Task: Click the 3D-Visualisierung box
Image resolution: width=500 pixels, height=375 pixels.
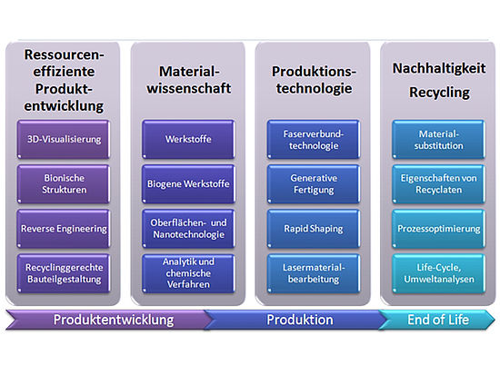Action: [x=64, y=139]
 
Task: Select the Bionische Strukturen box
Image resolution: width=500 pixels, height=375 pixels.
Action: [x=64, y=183]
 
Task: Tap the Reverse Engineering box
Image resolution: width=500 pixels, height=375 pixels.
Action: [x=64, y=229]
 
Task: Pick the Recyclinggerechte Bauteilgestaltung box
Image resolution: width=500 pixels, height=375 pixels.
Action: [x=64, y=273]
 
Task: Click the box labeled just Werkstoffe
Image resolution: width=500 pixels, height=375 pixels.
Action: [x=188, y=139]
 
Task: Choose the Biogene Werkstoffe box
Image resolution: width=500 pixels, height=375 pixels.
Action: [x=188, y=183]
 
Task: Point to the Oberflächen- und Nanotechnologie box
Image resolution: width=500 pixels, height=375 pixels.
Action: [x=188, y=229]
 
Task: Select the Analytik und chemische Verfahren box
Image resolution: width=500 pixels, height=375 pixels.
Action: [x=188, y=273]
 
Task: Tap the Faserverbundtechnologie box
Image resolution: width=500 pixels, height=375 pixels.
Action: [x=314, y=139]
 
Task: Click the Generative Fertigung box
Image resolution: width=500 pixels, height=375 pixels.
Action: [x=314, y=183]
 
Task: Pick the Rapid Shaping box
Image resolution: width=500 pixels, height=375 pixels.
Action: [x=314, y=229]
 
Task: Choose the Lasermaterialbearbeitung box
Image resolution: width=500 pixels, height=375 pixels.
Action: [x=314, y=273]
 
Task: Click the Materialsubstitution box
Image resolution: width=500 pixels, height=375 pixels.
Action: [x=438, y=139]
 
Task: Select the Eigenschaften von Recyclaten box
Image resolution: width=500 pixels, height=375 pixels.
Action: [x=438, y=183]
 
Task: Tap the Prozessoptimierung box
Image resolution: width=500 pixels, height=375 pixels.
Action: [x=438, y=229]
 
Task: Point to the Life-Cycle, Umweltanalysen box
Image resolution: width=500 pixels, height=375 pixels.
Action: [x=438, y=273]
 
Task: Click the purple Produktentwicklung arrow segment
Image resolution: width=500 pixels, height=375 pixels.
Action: [x=108, y=320]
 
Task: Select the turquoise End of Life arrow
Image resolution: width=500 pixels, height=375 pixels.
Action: [x=437, y=320]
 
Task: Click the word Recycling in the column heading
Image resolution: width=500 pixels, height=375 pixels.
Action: [x=439, y=93]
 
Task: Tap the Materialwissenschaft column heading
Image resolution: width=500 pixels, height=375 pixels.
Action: [x=189, y=80]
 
